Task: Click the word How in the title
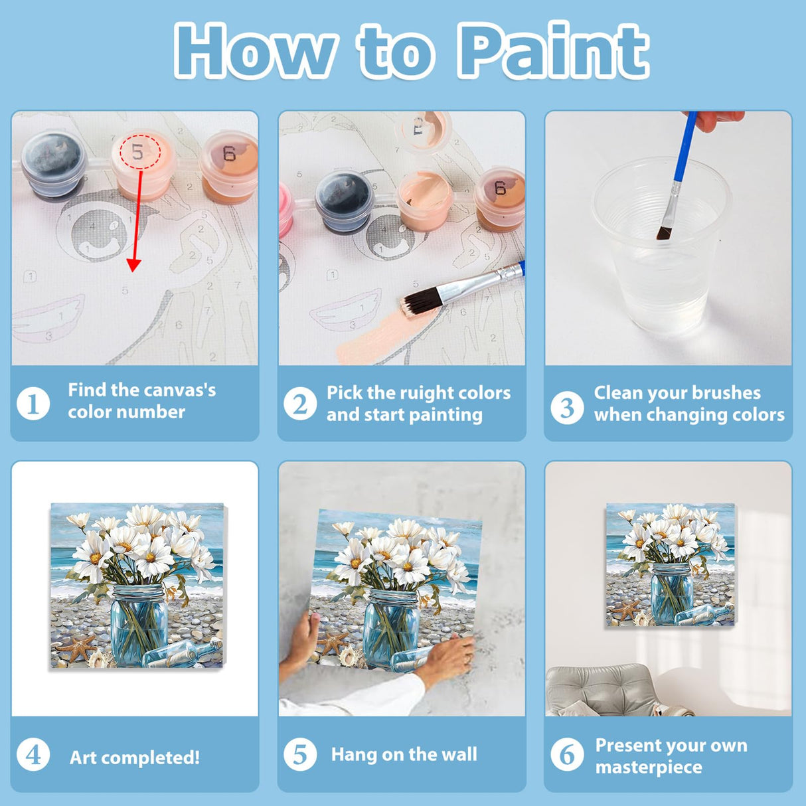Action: pos(256,51)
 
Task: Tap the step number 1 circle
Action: pos(33,403)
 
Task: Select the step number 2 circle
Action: pos(300,404)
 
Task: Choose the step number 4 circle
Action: pos(33,755)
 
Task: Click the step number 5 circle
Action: pos(300,754)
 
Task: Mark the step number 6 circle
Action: pos(567,755)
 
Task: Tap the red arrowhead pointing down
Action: pos(134,265)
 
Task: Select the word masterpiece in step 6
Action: pos(648,767)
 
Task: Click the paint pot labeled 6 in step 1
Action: pos(229,166)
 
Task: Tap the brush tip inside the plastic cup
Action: pos(664,232)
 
